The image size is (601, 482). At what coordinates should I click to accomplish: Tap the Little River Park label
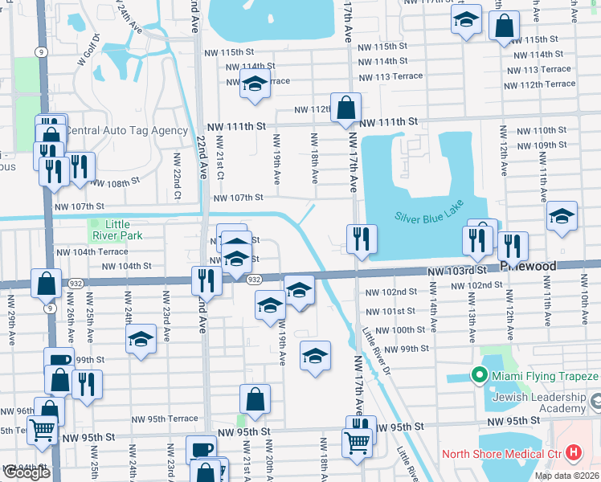click(x=117, y=230)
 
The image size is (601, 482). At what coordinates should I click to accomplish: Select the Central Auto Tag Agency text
click(x=125, y=130)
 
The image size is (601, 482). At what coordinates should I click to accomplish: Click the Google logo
click(x=26, y=472)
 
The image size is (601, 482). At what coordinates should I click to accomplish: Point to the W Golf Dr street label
click(x=88, y=49)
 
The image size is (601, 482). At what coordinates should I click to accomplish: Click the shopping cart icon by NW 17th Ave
click(x=356, y=441)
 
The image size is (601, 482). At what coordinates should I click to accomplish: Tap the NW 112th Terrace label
click(x=548, y=84)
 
